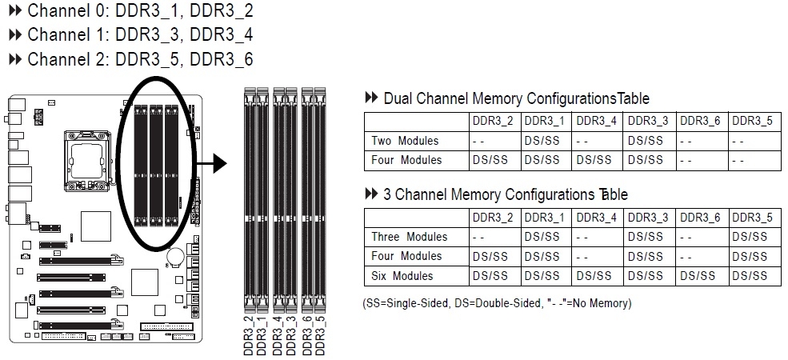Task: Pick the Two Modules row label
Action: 405,141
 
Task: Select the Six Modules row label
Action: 402,276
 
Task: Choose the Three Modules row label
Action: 409,237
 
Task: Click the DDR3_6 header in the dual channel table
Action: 700,121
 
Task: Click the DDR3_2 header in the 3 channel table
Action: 492,217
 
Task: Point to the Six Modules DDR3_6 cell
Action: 698,276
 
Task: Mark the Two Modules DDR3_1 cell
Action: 542,141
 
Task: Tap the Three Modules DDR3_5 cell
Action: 750,237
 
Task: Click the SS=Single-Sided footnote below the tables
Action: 497,303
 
